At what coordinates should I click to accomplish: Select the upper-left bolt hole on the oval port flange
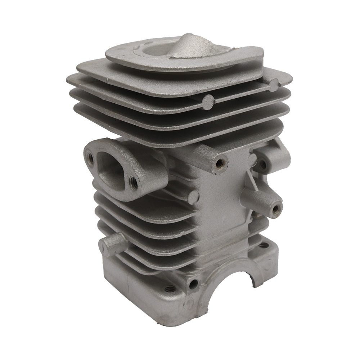[90, 158]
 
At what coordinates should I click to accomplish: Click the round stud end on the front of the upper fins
[208, 103]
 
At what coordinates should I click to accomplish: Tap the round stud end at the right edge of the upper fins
[274, 85]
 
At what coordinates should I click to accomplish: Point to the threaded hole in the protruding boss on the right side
[276, 209]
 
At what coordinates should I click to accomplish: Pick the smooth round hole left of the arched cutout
[193, 284]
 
